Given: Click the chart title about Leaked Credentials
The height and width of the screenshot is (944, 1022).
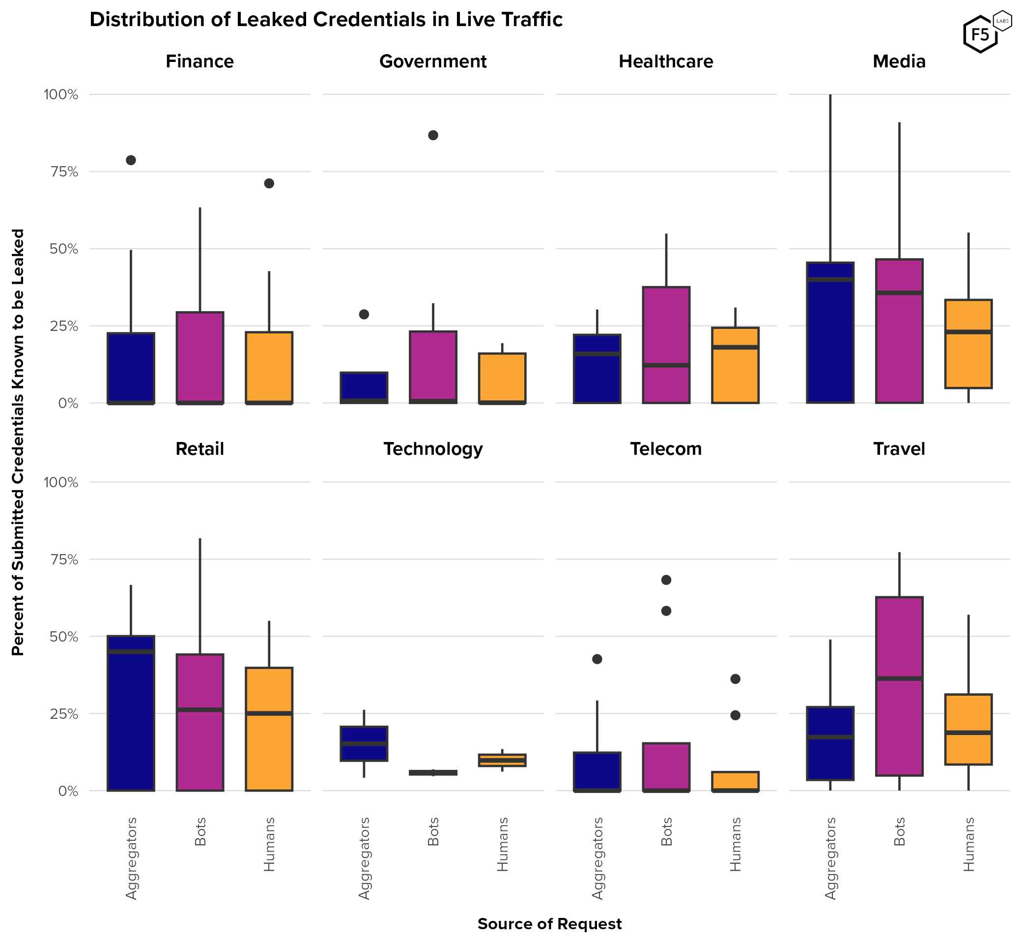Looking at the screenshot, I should (x=326, y=19).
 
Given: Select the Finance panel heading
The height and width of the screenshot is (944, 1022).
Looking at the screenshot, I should (x=199, y=61).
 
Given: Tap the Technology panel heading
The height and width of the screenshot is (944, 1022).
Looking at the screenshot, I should (x=433, y=449).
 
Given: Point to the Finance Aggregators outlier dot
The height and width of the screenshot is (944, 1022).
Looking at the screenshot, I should (x=131, y=160).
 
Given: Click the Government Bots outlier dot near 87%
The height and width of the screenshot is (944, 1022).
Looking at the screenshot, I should (x=433, y=135).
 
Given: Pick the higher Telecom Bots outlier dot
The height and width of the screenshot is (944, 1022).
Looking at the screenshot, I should (x=666, y=580).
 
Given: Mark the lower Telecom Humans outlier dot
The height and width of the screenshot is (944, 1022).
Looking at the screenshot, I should (x=735, y=715).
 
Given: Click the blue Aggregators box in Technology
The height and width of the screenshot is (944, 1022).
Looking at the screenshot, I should (x=364, y=743).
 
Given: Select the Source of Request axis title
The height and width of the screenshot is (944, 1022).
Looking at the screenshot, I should (x=549, y=923).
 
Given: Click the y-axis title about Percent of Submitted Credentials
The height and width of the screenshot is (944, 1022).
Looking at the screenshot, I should (x=18, y=442).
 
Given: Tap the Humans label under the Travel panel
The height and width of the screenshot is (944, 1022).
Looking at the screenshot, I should (x=969, y=844).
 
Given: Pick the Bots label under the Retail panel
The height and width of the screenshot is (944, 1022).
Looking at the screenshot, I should (x=200, y=831).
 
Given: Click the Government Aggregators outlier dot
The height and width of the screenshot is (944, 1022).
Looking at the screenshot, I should (x=364, y=314).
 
